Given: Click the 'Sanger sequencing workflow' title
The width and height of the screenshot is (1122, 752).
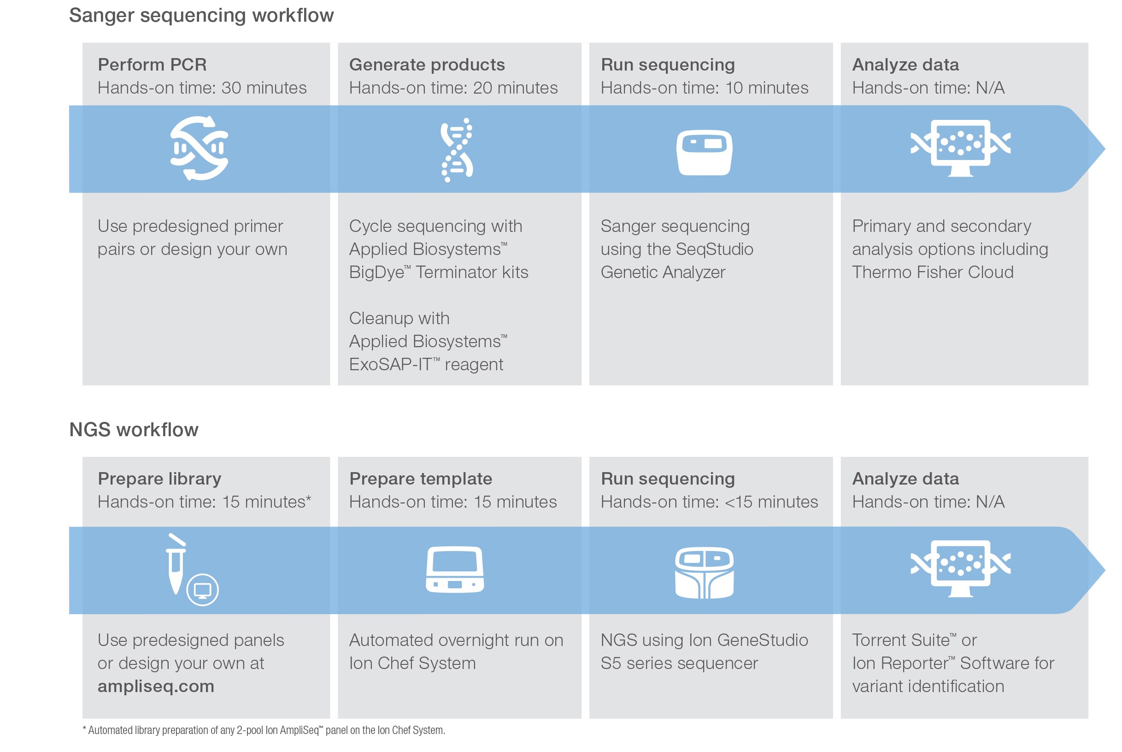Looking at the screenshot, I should coord(201,15).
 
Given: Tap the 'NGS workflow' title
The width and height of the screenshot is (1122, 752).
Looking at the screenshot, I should coord(134,429).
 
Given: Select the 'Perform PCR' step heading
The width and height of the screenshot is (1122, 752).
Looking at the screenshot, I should coord(152,64).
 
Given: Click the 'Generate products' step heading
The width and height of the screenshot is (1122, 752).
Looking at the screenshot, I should coord(427,64).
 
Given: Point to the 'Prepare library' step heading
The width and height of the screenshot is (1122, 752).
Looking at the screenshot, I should coord(159,478).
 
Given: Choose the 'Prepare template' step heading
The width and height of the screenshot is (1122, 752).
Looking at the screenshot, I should coord(420,478).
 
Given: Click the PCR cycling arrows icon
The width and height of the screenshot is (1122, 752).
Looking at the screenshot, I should coord(199,148).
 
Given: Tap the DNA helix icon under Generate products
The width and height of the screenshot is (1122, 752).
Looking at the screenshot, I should coord(456,150).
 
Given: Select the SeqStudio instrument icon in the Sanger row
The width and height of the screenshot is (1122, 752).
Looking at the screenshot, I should coord(704,152).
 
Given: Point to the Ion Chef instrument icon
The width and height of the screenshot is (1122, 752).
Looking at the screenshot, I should coord(454,569).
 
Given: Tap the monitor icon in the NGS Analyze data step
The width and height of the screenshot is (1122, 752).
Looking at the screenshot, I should coord(960,568).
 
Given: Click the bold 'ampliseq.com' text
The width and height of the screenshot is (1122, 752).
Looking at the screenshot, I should coord(156,686).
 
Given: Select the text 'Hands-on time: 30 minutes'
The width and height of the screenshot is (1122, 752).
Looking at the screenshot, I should coord(202,88).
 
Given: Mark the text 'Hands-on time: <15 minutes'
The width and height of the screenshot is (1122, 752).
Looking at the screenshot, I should coord(709,502).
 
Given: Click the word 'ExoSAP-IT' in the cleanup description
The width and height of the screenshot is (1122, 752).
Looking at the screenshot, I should coord(390,365).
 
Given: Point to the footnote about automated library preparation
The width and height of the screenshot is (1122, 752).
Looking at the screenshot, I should coord(264,730).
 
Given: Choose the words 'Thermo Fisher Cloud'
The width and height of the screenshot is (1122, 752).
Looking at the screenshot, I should coord(932,272).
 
